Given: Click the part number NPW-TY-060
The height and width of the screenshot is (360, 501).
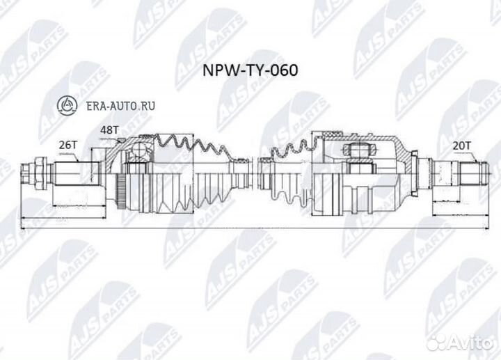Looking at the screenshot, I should (249, 71).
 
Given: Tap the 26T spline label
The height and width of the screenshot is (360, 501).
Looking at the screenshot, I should (67, 144).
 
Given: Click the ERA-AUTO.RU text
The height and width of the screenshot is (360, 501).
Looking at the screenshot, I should (119, 106).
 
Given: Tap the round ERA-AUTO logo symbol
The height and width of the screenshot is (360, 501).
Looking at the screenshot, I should (68, 106).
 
